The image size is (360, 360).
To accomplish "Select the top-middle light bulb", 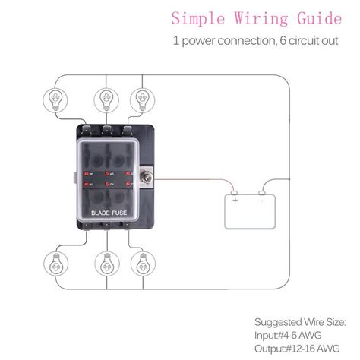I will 104,99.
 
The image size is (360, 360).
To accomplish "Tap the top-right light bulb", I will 141,99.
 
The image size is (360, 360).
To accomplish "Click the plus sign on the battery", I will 235,201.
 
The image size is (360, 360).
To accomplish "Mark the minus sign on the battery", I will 262,201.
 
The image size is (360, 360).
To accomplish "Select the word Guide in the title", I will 311,17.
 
